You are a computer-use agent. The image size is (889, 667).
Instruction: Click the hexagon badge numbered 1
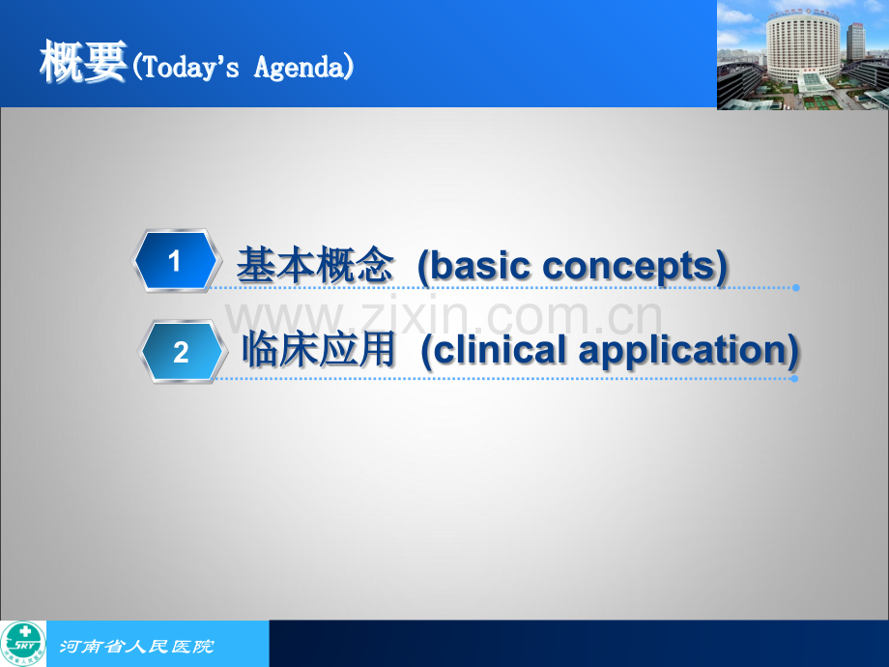pyautogui.click(x=175, y=260)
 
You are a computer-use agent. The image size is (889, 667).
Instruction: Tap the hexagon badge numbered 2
pyautogui.click(x=182, y=352)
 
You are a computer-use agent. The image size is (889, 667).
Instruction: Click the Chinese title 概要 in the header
pyautogui.click(x=83, y=61)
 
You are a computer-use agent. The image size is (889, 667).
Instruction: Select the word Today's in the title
pyautogui.click(x=190, y=67)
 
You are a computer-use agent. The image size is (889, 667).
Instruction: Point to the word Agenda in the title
pyautogui.click(x=299, y=68)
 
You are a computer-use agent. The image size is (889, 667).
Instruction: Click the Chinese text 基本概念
pyautogui.click(x=315, y=264)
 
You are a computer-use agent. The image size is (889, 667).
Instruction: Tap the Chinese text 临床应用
pyautogui.click(x=319, y=349)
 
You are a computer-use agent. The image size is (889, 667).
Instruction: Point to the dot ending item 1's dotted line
pyautogui.click(x=796, y=288)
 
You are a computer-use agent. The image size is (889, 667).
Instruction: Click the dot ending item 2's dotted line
pyautogui.click(x=794, y=379)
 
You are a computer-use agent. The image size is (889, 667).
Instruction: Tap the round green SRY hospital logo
pyautogui.click(x=22, y=644)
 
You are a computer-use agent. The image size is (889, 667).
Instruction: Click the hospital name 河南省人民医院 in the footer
pyautogui.click(x=136, y=646)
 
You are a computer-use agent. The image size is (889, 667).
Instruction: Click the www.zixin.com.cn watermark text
pyautogui.click(x=444, y=318)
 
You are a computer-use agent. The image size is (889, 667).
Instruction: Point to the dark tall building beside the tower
pyautogui.click(x=855, y=42)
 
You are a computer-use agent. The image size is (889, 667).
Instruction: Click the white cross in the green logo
pyautogui.click(x=25, y=631)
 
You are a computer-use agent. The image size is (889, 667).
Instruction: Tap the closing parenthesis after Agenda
pyautogui.click(x=349, y=67)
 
